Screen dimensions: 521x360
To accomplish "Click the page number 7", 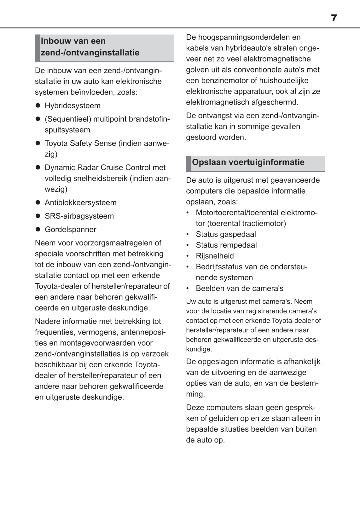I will click(334, 18).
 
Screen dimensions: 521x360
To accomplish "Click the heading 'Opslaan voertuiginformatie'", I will click(248, 162).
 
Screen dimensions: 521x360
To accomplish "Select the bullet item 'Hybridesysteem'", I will click(73, 106).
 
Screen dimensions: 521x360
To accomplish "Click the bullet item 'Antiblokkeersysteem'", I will click(80, 203).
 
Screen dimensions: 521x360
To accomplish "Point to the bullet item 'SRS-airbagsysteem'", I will click(79, 216).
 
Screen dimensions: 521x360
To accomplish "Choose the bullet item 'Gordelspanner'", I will click(70, 229).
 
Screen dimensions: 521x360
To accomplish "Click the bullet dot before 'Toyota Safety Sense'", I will click(38, 143).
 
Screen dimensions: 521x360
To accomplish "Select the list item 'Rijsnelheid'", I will click(215, 256).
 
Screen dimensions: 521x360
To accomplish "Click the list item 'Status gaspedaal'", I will click(226, 234).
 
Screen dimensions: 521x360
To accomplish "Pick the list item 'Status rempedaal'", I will click(226, 245).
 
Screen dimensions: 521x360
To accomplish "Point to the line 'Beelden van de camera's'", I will click(239, 288).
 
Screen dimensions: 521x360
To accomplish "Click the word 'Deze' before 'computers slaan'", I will click(195, 408).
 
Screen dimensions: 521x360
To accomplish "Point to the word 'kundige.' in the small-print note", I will click(199, 349).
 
